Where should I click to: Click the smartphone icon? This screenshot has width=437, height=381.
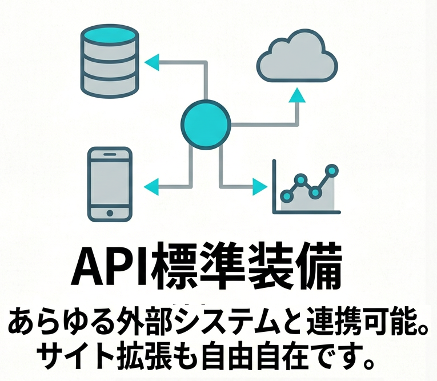click(110, 183)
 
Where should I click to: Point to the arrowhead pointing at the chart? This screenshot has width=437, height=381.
click(260, 186)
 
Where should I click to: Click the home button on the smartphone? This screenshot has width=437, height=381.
click(110, 213)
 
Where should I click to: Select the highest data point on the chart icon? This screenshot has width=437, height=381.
click(331, 170)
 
